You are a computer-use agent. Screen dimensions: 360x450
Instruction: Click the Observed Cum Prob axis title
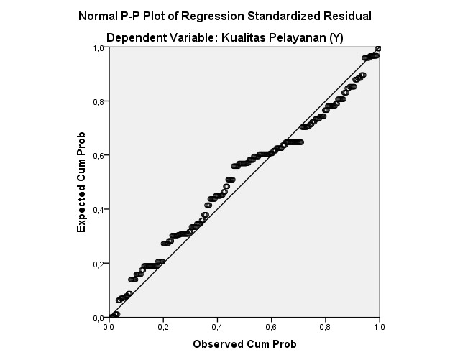pos(244,344)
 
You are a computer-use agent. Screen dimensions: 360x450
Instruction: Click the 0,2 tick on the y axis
pos(99,263)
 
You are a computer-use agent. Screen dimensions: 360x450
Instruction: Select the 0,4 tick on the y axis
pos(99,209)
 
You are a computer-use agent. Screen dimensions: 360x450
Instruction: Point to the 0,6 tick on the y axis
pos(99,155)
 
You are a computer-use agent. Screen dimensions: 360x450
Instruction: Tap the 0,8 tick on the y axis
pos(99,101)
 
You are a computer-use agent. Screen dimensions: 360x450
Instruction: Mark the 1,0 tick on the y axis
pos(99,47)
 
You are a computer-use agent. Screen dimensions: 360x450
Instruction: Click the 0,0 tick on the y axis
pos(99,317)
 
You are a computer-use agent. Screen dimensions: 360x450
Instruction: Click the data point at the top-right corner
pos(378,48)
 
